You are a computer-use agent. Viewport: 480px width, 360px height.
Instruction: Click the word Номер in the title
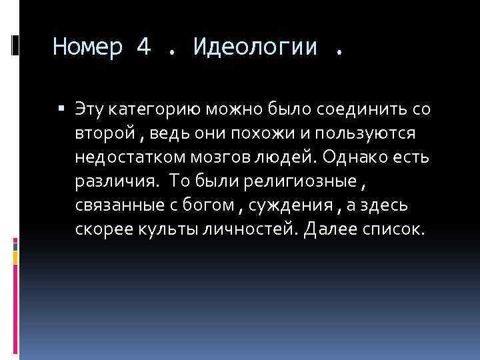[88, 47]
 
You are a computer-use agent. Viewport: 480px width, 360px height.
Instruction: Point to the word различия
[116, 181]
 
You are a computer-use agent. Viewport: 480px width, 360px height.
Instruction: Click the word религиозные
[291, 181]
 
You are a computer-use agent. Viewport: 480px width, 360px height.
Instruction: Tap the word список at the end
[391, 230]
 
